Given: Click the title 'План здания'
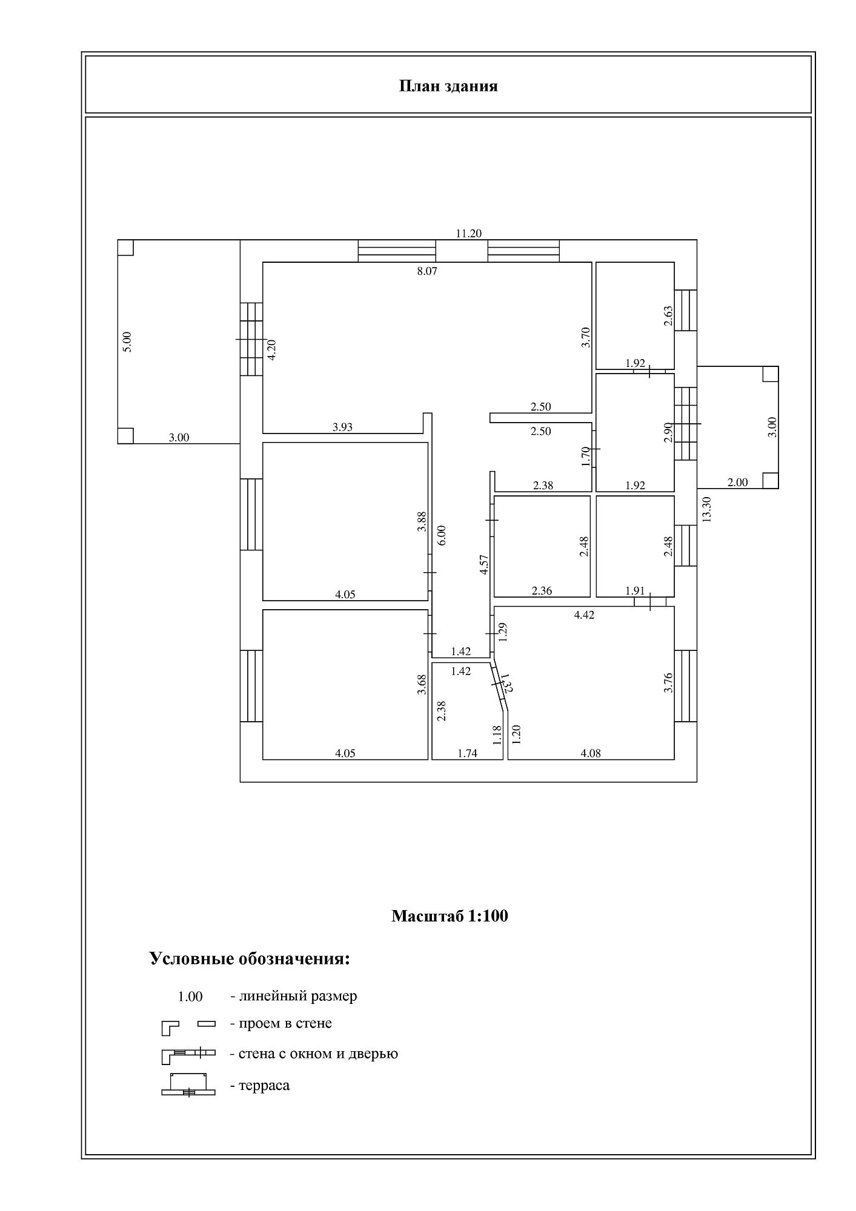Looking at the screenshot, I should coord(448,86).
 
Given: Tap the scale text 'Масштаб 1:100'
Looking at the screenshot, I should coord(450,916).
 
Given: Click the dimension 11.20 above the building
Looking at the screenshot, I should coord(468,233).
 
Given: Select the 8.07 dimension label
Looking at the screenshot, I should coord(427,271).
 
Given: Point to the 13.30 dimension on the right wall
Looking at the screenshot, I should coord(706,509).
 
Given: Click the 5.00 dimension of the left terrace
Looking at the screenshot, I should coord(127,342).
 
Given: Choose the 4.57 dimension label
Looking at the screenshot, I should coord(483,564).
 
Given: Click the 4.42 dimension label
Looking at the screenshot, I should coord(584,615).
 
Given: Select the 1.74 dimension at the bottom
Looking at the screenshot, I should coord(467,753).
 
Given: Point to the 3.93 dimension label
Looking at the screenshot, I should coord(342,427).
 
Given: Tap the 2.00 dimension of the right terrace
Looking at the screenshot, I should coord(737,482).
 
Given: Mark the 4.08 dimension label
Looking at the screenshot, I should coord(591,753).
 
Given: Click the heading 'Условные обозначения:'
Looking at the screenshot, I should coord(250,959).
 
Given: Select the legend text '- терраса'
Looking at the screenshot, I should coord(259,1085).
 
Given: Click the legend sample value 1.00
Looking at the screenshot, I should coord(190,996).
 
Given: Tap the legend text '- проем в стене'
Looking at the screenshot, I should coord(280,1023).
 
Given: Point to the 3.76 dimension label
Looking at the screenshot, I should coord(668,683).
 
